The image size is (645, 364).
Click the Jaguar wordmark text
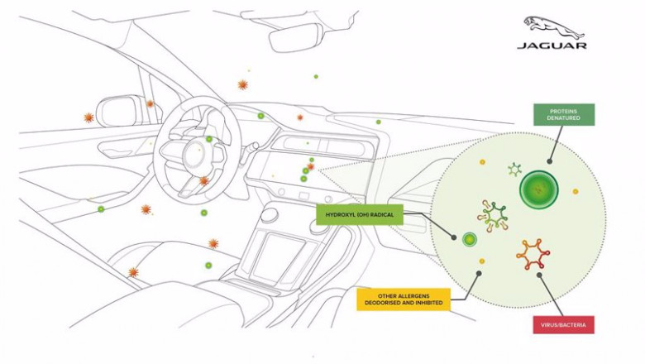tap(552, 45)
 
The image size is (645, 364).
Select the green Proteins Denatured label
tap(564, 114)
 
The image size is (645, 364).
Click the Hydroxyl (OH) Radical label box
tap(360, 215)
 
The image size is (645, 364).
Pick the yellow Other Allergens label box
tap(404, 299)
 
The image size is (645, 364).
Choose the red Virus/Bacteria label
tap(563, 324)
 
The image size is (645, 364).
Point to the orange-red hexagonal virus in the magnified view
tap(533, 255)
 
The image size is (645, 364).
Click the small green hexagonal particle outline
tap(514, 169)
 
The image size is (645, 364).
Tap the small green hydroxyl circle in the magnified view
tap(470, 239)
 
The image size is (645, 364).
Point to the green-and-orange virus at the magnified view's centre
tap(493, 216)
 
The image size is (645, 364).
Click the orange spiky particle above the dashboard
tap(242, 84)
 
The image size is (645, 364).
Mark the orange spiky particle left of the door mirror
tap(88, 117)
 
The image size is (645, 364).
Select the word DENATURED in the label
tap(564, 117)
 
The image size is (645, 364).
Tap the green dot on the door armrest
tap(101, 209)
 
